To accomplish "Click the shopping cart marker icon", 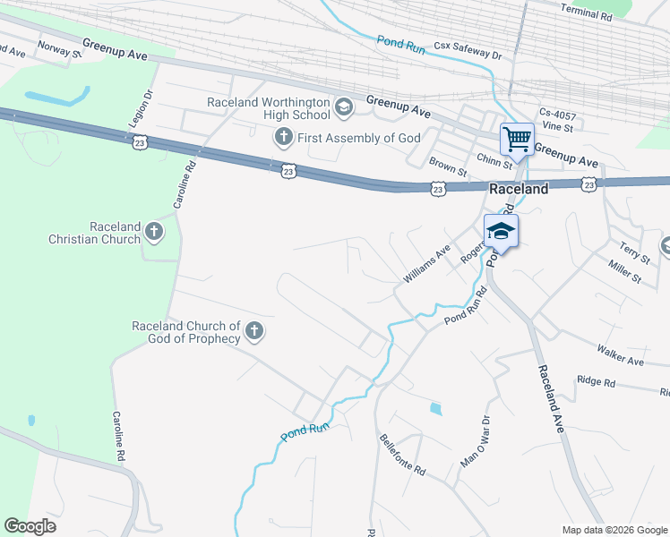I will tap(516, 140).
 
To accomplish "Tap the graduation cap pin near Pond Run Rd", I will tap(502, 232).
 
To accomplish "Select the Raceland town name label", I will tap(518, 190).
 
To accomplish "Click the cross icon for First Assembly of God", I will tap(283, 138).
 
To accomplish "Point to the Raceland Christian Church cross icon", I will tap(154, 233).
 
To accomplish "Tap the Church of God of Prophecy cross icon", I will tap(254, 332).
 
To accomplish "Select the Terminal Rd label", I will tap(585, 10).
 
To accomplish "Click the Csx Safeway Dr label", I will tap(468, 49).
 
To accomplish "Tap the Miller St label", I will tap(624, 273).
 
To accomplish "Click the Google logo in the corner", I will tap(30, 525).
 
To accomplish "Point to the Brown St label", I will tap(448, 166).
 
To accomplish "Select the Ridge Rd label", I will tap(597, 382).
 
